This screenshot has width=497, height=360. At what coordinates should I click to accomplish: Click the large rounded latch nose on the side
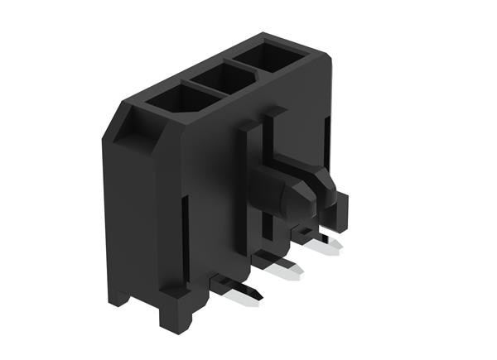(x=286, y=194)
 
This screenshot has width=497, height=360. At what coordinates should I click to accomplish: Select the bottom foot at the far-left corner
(x=118, y=294)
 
